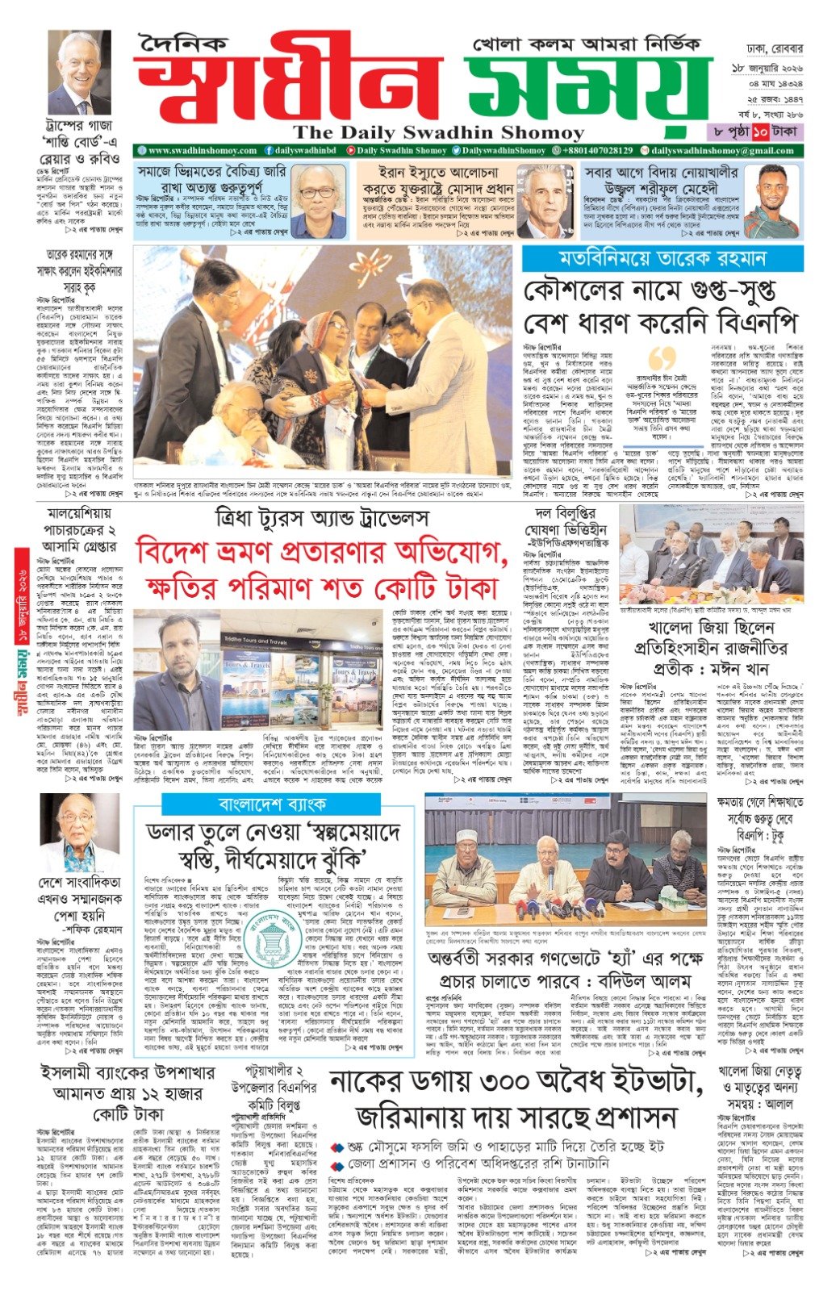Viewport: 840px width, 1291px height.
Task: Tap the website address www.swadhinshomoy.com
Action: click(202, 150)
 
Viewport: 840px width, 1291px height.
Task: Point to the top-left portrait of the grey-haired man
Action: click(79, 73)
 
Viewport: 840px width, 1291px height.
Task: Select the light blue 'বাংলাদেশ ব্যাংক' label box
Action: click(271, 804)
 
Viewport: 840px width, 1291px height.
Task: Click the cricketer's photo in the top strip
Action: click(770, 201)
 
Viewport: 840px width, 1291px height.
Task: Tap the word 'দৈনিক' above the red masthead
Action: click(183, 45)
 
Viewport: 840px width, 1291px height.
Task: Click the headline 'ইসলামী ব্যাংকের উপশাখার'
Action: click(128, 1073)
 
